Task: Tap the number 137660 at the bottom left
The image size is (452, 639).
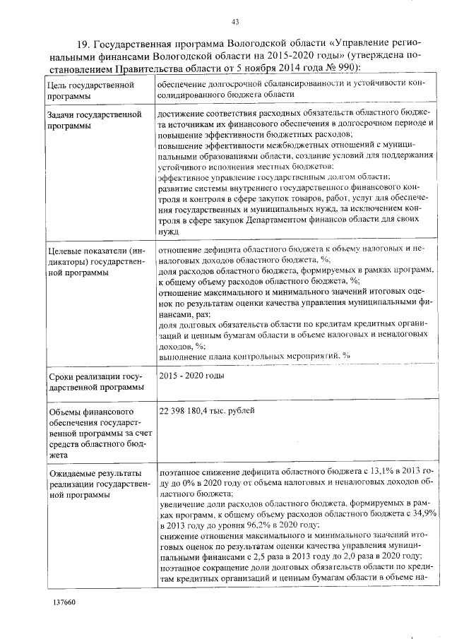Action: click(64, 602)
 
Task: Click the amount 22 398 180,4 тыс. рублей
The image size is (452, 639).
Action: click(206, 411)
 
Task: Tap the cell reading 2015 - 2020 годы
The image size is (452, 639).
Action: click(191, 375)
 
